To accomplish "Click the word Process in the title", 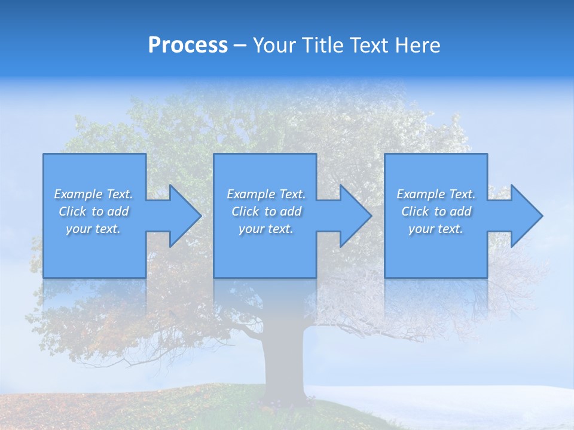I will [x=188, y=45].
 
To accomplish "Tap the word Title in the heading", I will [x=322, y=45].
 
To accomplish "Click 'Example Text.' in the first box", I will [x=93, y=194].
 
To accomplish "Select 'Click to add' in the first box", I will [x=93, y=211].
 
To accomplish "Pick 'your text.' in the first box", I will [x=93, y=229].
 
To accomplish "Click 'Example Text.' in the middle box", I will [x=266, y=194].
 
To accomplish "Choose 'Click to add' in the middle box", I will [x=266, y=211].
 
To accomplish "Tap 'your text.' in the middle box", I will [x=266, y=229].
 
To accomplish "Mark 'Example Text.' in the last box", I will [x=436, y=194].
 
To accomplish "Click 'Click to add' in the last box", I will [x=436, y=211].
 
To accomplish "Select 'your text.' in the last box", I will [x=436, y=229].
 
